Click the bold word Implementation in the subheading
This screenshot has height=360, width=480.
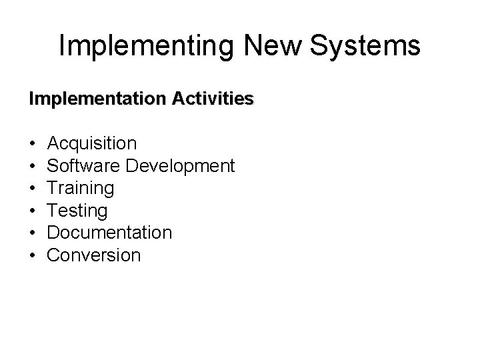coord(98,99)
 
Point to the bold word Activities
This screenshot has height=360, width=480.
coord(213,99)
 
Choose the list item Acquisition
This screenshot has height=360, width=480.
coord(93,143)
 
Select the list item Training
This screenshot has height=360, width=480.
coord(81,189)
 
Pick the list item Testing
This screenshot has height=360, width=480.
coord(78,211)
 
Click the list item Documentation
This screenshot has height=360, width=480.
coord(110,233)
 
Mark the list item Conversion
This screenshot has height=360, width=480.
coord(95,255)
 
